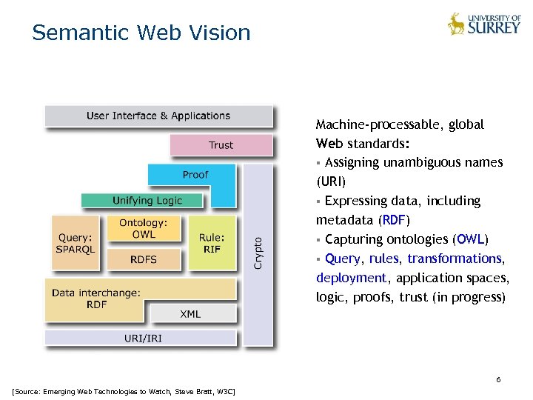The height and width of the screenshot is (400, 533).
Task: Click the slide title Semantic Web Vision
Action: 141,33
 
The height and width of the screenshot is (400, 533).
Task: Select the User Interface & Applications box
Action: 158,116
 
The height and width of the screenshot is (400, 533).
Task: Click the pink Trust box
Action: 221,145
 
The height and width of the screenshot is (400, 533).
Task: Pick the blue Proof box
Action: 195,175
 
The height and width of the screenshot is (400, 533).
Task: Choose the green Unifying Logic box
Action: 147,200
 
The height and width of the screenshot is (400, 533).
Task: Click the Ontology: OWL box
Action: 144,228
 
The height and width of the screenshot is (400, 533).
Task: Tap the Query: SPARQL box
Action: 76,243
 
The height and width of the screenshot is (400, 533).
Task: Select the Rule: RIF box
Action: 212,243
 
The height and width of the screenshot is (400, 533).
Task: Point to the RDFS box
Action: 144,259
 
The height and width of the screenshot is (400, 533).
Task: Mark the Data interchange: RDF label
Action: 96,299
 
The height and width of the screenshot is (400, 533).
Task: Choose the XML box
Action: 190,314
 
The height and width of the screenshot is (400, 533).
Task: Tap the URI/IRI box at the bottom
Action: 140,339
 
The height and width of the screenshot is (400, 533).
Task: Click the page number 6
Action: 498,379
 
